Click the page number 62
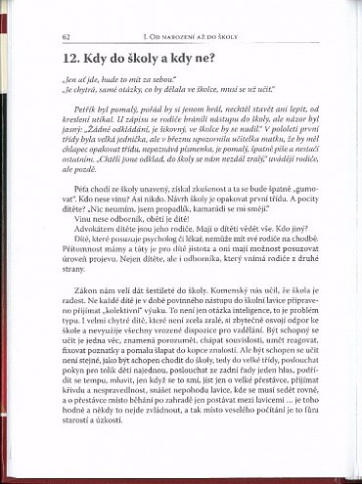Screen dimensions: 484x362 [65, 35]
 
